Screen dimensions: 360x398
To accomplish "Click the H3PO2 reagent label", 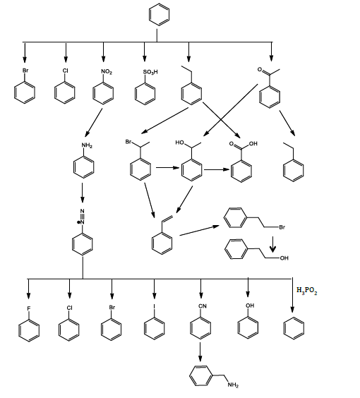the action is tap(306, 291).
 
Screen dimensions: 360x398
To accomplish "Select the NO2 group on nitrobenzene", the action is tap(107, 72).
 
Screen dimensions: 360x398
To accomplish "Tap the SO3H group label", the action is tap(150, 72).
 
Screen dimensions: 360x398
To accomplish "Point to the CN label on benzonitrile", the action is tap(203, 306).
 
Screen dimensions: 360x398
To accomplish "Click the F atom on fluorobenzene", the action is tap(29, 308).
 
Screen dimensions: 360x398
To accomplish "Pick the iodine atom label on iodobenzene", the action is tap(154, 307).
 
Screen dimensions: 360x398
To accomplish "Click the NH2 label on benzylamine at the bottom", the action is tap(233, 385).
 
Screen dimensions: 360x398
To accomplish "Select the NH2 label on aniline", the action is tap(87, 145).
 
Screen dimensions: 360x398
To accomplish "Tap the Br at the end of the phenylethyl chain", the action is tap(282, 227).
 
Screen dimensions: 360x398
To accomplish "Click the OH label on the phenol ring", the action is tap(250, 306).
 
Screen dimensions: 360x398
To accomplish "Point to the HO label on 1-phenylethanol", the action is tap(180, 143).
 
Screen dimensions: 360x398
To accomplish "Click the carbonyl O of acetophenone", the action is tap(260, 69).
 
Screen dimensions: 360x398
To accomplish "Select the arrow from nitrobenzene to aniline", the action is tap(94, 122).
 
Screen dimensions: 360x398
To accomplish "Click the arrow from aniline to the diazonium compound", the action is tap(82, 193).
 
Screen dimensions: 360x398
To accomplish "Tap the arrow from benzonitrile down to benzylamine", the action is tap(200, 352).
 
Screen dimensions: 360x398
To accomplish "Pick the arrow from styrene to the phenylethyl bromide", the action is tap(199, 231).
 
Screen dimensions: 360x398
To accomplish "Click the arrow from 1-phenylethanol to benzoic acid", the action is tap(217, 169).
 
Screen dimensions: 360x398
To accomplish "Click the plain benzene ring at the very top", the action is tap(160, 15).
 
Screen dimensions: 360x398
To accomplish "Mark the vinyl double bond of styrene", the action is tap(167, 219).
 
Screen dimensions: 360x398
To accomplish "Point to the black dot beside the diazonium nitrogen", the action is tap(78, 222).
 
